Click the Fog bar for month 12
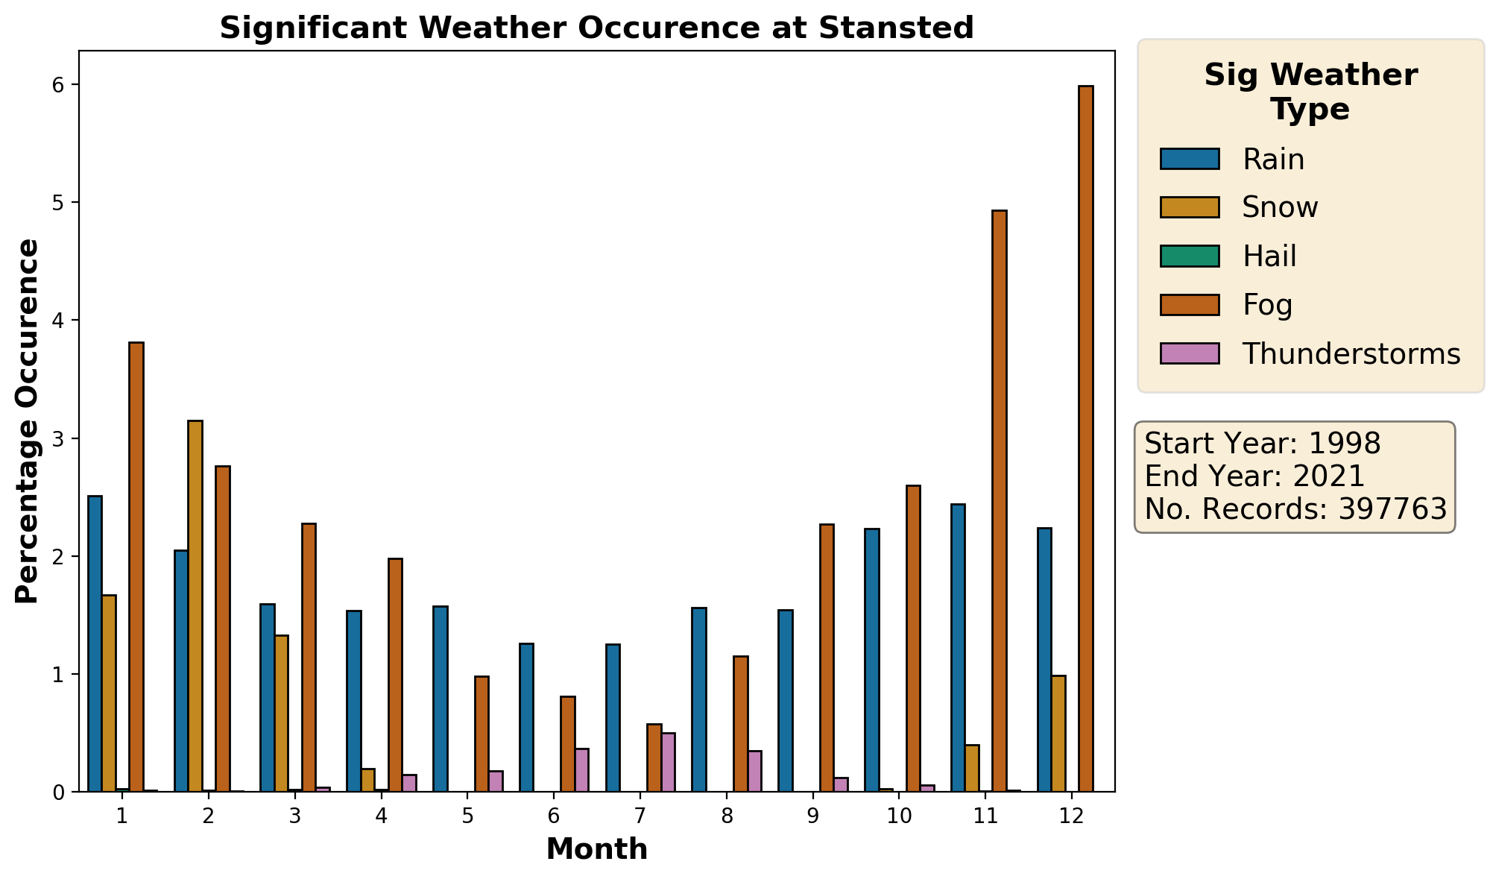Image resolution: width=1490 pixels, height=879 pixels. click(x=1085, y=438)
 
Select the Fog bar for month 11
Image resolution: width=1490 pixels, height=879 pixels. click(x=1000, y=501)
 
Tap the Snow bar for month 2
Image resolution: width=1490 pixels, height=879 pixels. click(x=195, y=606)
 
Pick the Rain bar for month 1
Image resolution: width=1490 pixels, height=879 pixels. click(x=95, y=643)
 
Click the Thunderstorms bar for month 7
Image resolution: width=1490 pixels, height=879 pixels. click(x=668, y=762)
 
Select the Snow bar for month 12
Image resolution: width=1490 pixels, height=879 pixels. click(x=1058, y=734)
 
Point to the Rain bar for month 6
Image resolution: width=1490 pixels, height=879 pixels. click(x=526, y=717)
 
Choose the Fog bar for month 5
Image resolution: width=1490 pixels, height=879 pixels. click(x=482, y=734)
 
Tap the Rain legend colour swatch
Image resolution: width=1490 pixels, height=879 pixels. click(x=1190, y=159)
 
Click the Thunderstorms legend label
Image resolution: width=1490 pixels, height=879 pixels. click(x=1351, y=353)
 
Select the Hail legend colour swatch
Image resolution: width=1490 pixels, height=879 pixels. click(x=1190, y=256)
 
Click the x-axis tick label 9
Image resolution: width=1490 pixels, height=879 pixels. click(x=813, y=816)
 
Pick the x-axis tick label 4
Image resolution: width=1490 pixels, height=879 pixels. click(x=381, y=816)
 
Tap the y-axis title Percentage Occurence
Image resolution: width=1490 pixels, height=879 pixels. click(x=28, y=421)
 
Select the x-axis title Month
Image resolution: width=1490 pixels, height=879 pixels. click(x=597, y=849)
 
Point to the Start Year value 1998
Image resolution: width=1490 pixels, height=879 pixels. click(x=1345, y=444)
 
